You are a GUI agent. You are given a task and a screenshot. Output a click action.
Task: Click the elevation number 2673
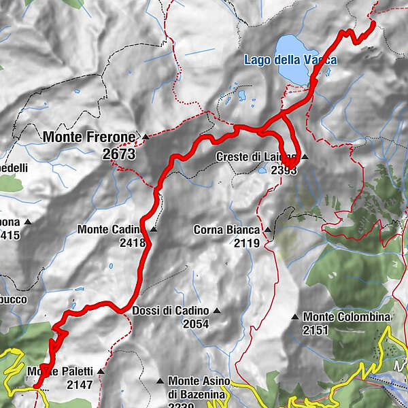point(119,155)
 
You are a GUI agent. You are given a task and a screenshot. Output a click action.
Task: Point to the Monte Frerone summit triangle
point(145,137)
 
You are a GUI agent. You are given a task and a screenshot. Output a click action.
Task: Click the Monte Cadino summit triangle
point(154,230)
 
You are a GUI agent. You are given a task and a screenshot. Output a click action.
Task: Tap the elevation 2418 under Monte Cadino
point(132,242)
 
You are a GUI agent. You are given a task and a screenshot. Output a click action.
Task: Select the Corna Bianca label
point(226,230)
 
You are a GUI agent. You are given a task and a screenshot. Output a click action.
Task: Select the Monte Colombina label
point(347,317)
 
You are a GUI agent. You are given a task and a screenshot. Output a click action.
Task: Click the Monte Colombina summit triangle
point(294,317)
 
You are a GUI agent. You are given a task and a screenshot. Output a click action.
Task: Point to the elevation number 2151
point(316,330)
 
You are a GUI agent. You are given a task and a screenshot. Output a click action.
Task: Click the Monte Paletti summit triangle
point(101,371)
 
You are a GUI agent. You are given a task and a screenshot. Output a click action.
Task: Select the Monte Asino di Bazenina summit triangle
point(160,381)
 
